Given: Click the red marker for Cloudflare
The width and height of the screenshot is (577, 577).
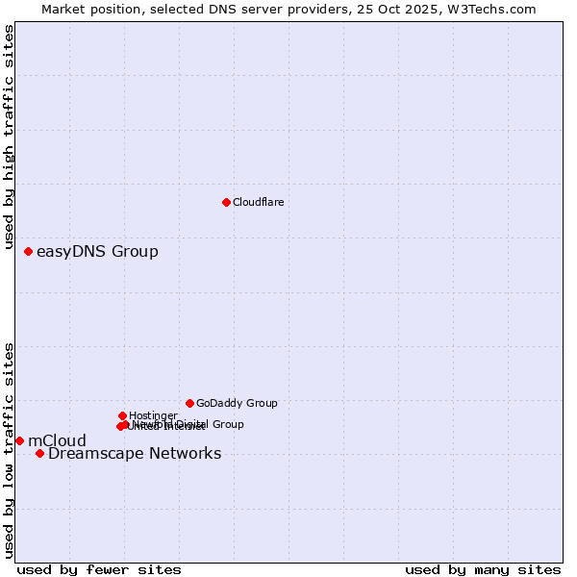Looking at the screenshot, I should pyautogui.click(x=226, y=202).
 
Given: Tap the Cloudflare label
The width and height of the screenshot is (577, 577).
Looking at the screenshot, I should pyautogui.click(x=258, y=202).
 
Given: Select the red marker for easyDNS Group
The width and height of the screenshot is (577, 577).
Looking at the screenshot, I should pyautogui.click(x=28, y=251).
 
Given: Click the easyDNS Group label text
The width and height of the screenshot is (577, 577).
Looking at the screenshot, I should pyautogui.click(x=97, y=252).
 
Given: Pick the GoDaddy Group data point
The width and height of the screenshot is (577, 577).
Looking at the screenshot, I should pyautogui.click(x=189, y=403).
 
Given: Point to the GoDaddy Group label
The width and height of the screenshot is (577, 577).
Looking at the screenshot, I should pyautogui.click(x=237, y=403).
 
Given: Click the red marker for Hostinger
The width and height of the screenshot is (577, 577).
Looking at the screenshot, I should pyautogui.click(x=122, y=415).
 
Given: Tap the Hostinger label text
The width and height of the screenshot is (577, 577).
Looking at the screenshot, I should pyautogui.click(x=153, y=415).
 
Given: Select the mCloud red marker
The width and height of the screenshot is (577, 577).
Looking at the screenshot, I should pyautogui.click(x=19, y=440).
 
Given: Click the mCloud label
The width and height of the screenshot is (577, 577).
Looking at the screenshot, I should pyautogui.click(x=57, y=441).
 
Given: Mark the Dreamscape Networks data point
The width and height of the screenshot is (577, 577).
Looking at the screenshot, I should pyautogui.click(x=39, y=453).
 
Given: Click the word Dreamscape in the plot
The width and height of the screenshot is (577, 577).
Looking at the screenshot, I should pyautogui.click(x=92, y=454).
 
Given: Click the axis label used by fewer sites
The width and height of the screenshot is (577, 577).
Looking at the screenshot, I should pyautogui.click(x=99, y=569).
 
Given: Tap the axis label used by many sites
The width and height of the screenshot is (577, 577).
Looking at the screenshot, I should pyautogui.click(x=483, y=569).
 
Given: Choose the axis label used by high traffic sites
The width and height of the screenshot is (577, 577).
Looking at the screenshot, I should pyautogui.click(x=9, y=138).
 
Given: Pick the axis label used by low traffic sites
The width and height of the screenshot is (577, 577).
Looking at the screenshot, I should pyautogui.click(x=9, y=449).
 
